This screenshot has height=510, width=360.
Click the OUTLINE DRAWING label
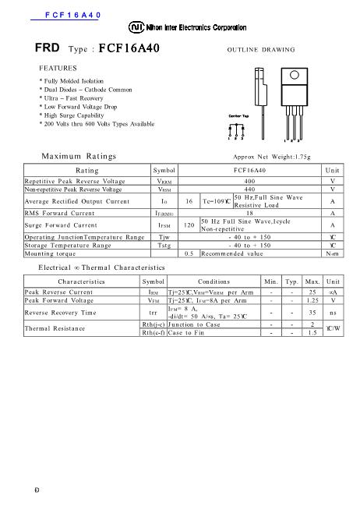tap(260, 48)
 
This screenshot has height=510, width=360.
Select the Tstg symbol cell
tap(164, 244)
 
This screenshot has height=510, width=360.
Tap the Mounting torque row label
tap(49, 253)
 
